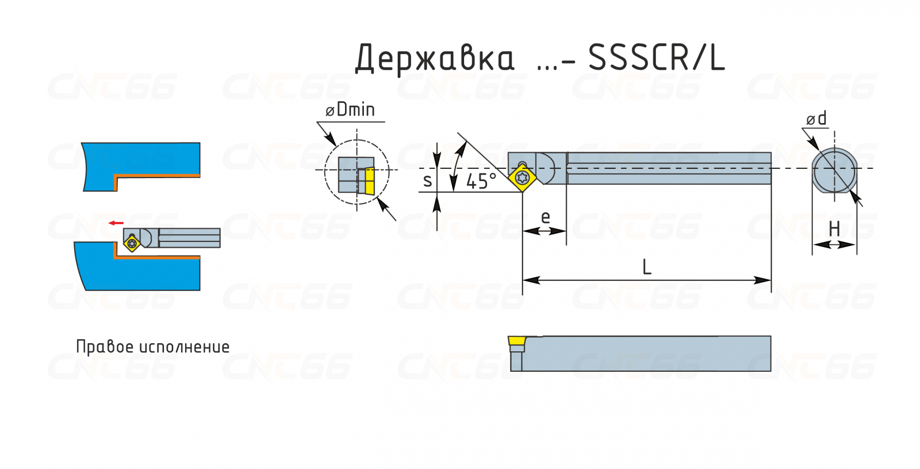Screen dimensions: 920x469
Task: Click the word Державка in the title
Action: [x=435, y=58]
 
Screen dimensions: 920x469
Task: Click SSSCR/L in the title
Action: [x=657, y=57]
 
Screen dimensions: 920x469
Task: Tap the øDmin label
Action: [x=350, y=109]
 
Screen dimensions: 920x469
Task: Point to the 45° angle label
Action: [x=481, y=181]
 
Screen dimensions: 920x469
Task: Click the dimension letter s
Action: [x=428, y=181]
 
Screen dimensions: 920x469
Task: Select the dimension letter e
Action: [x=545, y=217]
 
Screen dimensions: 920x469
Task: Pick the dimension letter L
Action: [x=647, y=267]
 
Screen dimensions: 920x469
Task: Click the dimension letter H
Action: [x=834, y=229]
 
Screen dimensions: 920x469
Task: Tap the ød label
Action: [x=816, y=119]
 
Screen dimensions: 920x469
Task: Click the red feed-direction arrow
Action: [x=116, y=223]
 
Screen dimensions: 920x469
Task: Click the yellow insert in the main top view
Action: [x=522, y=178]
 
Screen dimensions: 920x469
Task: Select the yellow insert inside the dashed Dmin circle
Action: [x=370, y=181]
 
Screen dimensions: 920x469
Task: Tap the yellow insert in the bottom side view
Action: [x=517, y=341]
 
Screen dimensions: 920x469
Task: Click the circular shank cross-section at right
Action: [x=834, y=171]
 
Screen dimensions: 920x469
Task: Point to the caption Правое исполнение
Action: [x=153, y=347]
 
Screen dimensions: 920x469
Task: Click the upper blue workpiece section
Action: [x=141, y=167]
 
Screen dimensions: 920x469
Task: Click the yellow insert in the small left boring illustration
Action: [x=132, y=243]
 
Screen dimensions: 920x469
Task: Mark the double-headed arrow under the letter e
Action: [x=544, y=231]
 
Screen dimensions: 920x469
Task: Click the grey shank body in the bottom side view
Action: [x=646, y=353]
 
